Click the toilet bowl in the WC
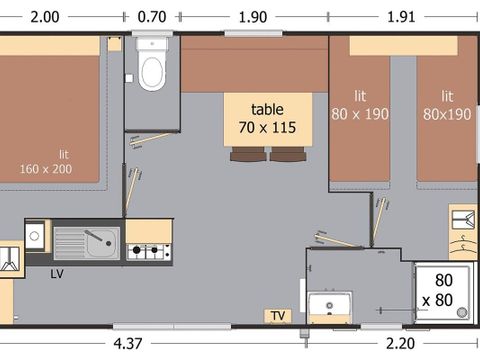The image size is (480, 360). point(152,72)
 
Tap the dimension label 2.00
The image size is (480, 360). point(46,15)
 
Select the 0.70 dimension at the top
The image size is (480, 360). point(152,15)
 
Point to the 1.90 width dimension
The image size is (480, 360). point(255,15)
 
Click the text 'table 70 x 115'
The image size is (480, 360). point(267,118)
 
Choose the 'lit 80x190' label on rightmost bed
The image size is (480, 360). point(447,104)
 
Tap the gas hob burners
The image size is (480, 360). point(149,250)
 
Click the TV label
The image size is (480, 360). point(277,316)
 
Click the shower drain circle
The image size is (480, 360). point(462,312)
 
